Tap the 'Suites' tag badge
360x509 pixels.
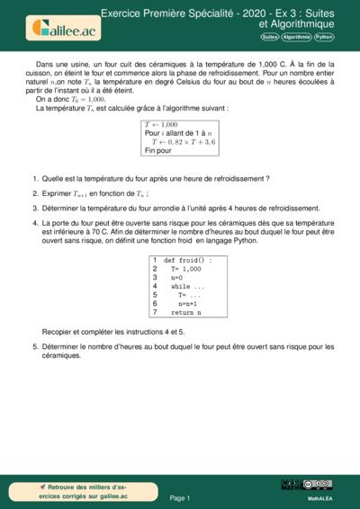pos(269,38)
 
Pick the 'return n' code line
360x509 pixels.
pos(186,312)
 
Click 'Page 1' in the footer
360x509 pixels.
pos(180,496)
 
